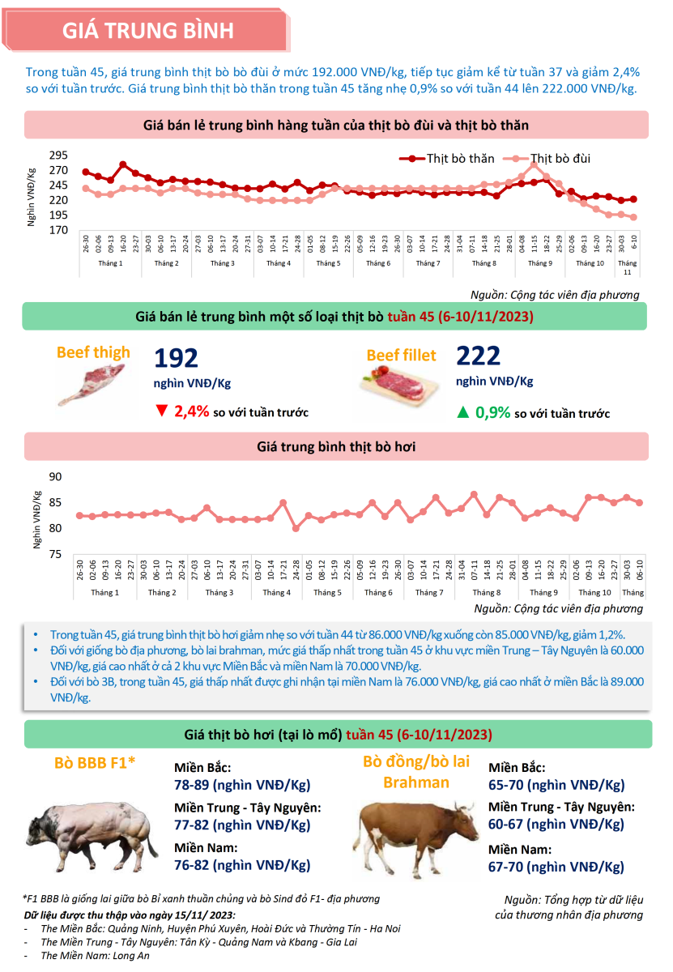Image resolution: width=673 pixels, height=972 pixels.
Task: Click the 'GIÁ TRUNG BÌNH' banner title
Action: point(147,31)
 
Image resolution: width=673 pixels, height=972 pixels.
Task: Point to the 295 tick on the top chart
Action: point(58,155)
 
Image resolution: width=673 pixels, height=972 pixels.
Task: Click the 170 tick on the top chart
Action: point(58,230)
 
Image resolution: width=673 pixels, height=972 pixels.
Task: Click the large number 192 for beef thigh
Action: point(176,358)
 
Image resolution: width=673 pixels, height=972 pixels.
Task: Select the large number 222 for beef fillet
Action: point(478,356)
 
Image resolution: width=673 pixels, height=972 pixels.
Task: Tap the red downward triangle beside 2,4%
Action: point(161,410)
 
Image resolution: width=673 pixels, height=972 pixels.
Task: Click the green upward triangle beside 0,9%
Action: point(463,411)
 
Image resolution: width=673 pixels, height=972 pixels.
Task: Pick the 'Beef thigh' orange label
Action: point(93,352)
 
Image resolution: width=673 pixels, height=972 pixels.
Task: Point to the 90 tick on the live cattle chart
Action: point(55,476)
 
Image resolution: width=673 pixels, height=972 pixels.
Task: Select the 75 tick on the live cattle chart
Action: point(55,554)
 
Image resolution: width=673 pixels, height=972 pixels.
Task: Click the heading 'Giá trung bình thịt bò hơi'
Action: point(336,446)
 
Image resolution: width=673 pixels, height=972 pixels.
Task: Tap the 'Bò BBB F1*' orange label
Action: point(95,762)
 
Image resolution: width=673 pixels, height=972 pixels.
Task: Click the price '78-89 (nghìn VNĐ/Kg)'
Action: point(242,785)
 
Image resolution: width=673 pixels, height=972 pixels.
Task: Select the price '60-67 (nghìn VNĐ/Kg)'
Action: point(556,824)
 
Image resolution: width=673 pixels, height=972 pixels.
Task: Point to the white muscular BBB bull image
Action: point(92,835)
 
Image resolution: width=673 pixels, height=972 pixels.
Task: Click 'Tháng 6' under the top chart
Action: point(378,263)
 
